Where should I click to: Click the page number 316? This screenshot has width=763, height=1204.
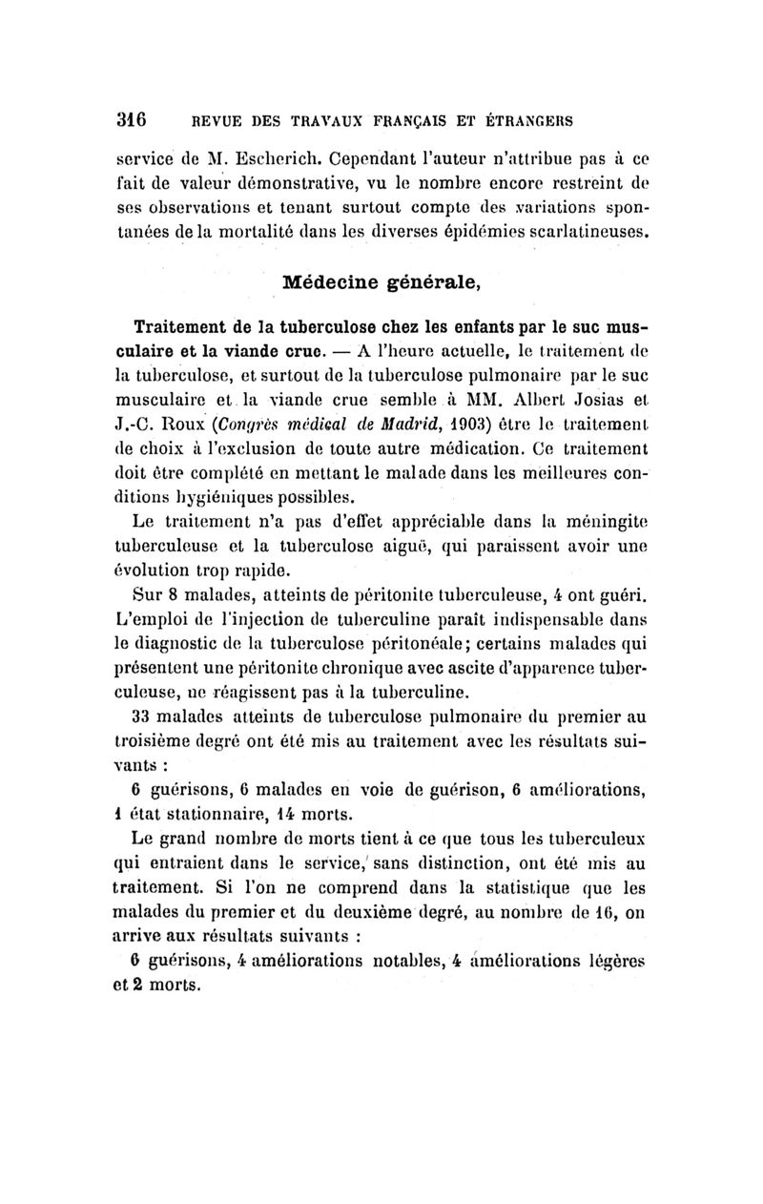point(129,121)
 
